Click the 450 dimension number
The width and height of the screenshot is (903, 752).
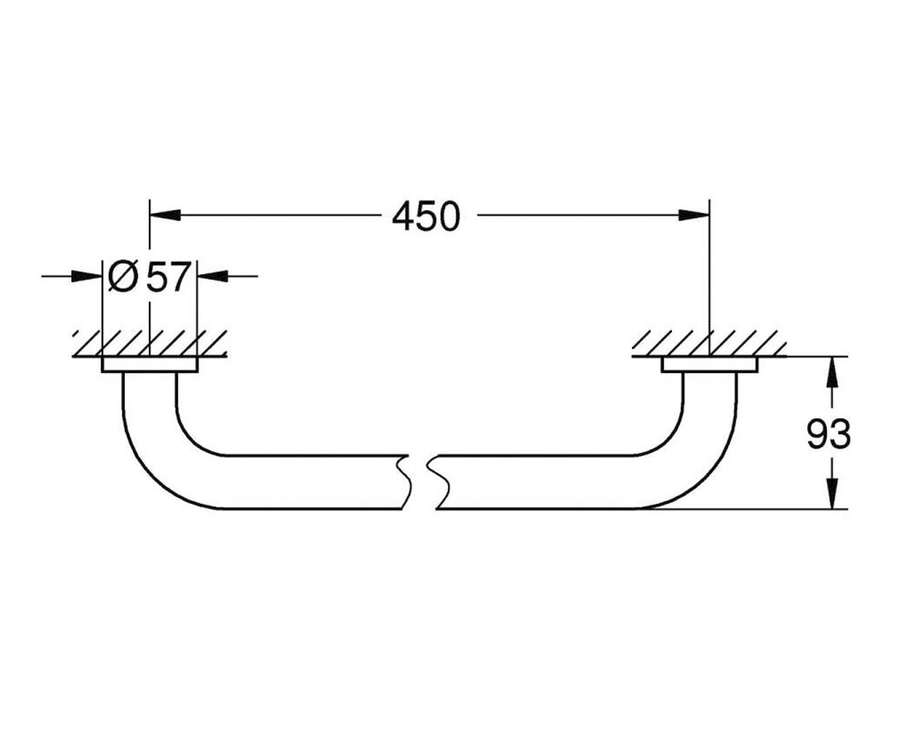(426, 216)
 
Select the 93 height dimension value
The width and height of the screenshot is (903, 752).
(829, 435)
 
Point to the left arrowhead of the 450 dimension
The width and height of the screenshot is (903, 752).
(166, 215)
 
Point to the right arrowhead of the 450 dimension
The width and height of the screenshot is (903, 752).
(694, 215)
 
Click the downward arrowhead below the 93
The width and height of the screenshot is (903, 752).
(833, 493)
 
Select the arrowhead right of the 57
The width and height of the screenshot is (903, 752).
(212, 276)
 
